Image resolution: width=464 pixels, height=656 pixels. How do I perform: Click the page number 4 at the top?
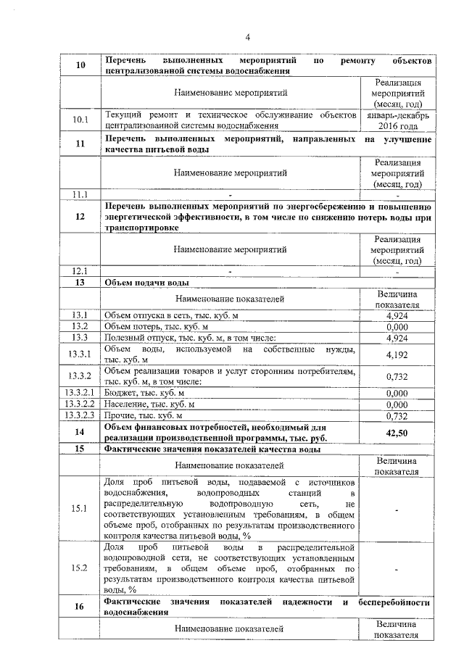click(246, 38)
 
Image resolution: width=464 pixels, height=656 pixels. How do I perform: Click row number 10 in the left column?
click(80, 66)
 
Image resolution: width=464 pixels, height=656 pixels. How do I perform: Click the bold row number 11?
click(80, 144)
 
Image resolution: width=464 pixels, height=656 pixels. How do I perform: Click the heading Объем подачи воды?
click(149, 283)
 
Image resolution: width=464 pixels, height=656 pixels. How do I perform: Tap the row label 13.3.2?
click(80, 376)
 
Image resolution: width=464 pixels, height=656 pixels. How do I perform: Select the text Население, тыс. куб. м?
click(150, 404)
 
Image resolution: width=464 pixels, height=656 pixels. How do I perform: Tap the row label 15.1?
click(80, 510)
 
